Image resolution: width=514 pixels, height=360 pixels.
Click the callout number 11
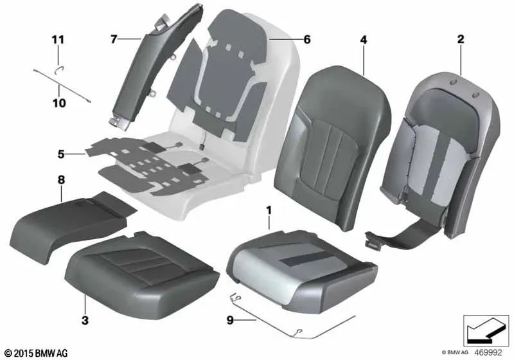pyautogui.click(x=58, y=40)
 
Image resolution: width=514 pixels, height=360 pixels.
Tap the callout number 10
pyautogui.click(x=59, y=104)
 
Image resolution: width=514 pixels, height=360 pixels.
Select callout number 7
pyautogui.click(x=114, y=40)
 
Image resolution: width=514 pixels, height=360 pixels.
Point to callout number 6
pyautogui.click(x=307, y=40)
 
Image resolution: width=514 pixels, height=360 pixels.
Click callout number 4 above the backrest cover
pyautogui.click(x=364, y=40)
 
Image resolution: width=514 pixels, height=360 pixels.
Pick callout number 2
pyautogui.click(x=461, y=39)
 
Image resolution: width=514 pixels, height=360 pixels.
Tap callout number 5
pyautogui.click(x=61, y=154)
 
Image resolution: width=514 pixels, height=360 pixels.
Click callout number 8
pyautogui.click(x=61, y=179)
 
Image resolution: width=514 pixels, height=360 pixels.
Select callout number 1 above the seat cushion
pyautogui.click(x=269, y=210)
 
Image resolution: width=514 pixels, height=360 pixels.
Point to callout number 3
pyautogui.click(x=85, y=319)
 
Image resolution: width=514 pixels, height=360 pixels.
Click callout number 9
pyautogui.click(x=230, y=319)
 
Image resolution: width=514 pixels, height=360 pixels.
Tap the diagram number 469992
pyautogui.click(x=488, y=352)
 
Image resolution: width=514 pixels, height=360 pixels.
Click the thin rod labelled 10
pyautogui.click(x=62, y=85)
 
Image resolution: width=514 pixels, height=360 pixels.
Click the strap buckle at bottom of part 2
pyautogui.click(x=371, y=237)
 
